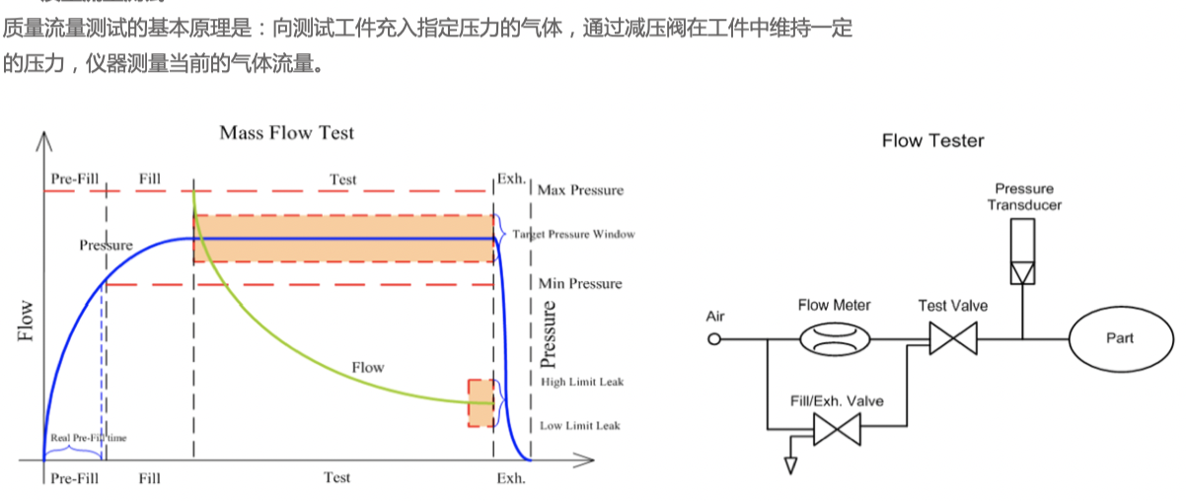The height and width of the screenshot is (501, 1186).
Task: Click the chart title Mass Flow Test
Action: [286, 132]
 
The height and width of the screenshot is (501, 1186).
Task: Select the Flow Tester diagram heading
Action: [932, 141]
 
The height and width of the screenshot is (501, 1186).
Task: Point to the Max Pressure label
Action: [581, 189]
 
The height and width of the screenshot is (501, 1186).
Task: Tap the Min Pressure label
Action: [580, 283]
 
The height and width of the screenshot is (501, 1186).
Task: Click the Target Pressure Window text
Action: [573, 235]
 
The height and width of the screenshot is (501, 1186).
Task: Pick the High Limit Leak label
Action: [582, 382]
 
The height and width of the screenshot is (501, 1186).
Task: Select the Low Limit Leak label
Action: [580, 426]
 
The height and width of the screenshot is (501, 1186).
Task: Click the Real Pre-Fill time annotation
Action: [88, 437]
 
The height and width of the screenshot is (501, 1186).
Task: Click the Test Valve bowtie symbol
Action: [952, 341]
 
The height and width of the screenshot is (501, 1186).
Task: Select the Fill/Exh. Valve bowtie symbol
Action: [837, 429]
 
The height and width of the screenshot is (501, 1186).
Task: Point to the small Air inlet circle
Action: [715, 340]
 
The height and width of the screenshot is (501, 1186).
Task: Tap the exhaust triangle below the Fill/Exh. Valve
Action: [789, 465]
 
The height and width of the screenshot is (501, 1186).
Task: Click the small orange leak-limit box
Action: [481, 403]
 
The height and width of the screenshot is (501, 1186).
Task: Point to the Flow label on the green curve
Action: [368, 368]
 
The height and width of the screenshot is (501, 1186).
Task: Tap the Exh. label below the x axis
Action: [510, 478]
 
